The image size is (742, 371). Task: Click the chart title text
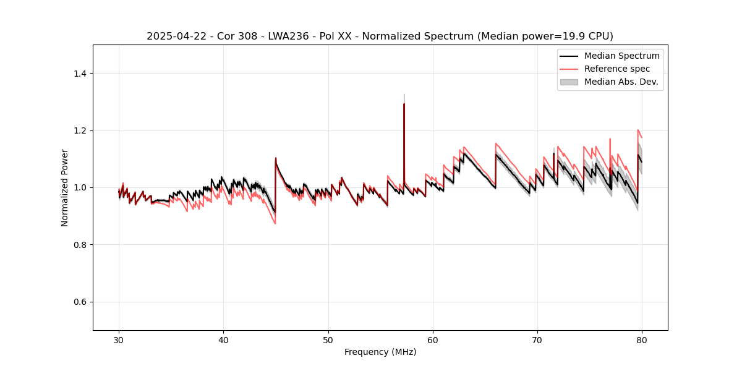pos(380,36)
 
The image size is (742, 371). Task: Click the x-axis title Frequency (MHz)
pos(380,352)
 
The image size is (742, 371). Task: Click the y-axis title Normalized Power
pos(65,187)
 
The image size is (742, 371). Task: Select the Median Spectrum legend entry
pos(621,56)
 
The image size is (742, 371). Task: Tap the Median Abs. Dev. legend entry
pos(621,82)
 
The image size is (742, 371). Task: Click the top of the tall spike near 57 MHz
pos(404,104)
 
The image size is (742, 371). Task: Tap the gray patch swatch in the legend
pos(569,82)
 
